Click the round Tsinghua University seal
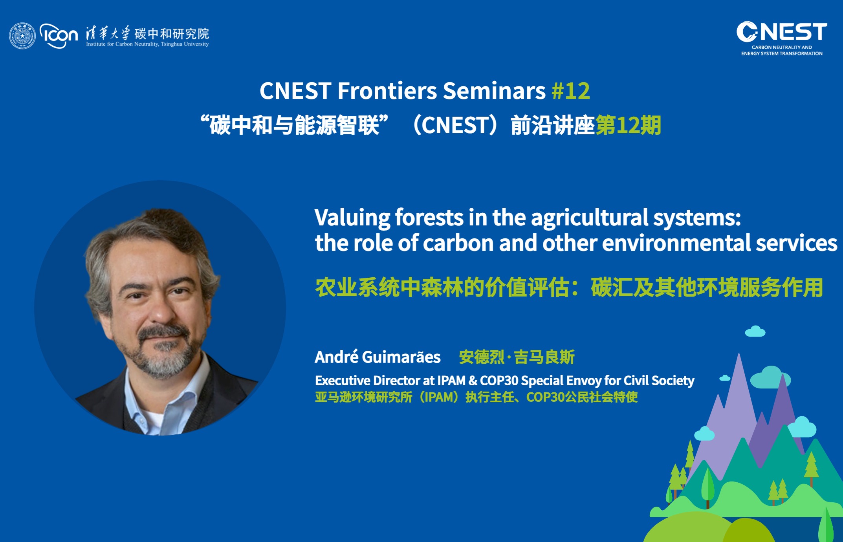pyautogui.click(x=22, y=36)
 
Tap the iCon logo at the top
pyautogui.click(x=59, y=36)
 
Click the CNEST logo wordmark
pyautogui.click(x=782, y=32)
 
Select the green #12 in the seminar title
pyautogui.click(x=571, y=91)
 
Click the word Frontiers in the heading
pyautogui.click(x=387, y=91)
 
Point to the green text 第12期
pyautogui.click(x=629, y=125)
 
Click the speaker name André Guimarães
pyautogui.click(x=378, y=357)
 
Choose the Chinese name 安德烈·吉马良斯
pyautogui.click(x=517, y=357)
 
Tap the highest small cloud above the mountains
pyautogui.click(x=755, y=332)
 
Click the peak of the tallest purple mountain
pyautogui.click(x=739, y=354)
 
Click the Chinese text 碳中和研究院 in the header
pyautogui.click(x=172, y=33)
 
